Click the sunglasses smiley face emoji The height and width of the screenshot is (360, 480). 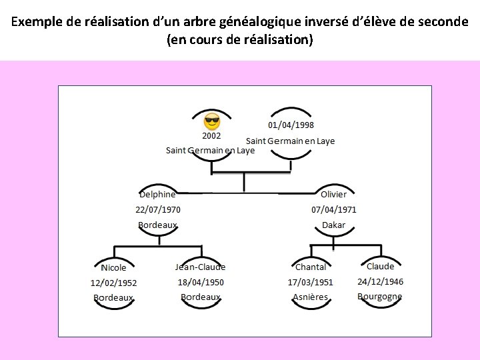(x=212, y=122)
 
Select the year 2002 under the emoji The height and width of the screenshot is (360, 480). (x=212, y=135)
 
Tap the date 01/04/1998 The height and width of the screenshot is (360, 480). (x=291, y=125)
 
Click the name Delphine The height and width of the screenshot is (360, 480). (x=158, y=195)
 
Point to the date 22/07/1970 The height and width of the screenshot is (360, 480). (x=158, y=209)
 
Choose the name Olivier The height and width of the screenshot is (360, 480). (x=333, y=195)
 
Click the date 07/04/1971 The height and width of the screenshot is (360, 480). (x=334, y=209)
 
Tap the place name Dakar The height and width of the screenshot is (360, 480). (x=333, y=225)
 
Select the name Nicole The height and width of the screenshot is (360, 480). (x=113, y=268)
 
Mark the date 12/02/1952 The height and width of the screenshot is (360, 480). (x=114, y=283)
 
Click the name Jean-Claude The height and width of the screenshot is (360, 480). (x=200, y=267)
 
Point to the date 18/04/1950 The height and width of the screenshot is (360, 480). (x=201, y=282)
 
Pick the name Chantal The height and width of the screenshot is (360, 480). (x=311, y=267)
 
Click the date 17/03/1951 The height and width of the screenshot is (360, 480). (x=311, y=283)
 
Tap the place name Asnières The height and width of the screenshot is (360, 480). (x=311, y=297)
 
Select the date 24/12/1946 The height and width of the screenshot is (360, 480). (x=380, y=281)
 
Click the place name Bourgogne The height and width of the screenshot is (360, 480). (x=379, y=297)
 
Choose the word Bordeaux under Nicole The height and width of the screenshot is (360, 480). (x=113, y=298)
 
